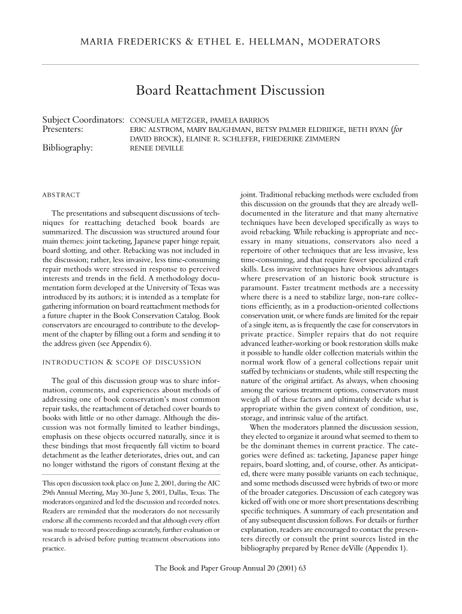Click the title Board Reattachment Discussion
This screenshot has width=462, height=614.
coord(230,91)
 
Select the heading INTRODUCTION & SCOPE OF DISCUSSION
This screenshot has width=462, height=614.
coord(121,362)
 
